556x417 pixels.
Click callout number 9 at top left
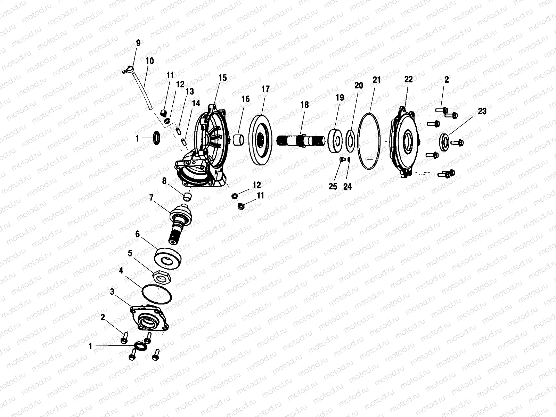tap(138, 43)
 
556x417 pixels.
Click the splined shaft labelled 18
tap(302, 141)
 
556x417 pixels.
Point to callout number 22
tap(408, 79)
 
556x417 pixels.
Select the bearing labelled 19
tap(336, 140)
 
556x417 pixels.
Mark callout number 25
tap(333, 186)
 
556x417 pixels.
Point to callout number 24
tap(347, 187)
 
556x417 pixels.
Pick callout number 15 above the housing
tap(222, 77)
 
